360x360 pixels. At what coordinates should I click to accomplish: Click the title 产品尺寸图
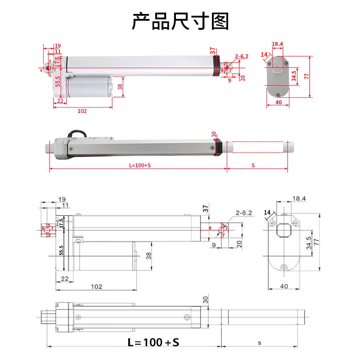tap(180, 21)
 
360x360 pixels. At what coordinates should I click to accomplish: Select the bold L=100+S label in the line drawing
tap(153, 342)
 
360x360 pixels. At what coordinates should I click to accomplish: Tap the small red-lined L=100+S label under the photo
tap(139, 165)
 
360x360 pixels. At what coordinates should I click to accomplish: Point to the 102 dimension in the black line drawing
tap(96, 286)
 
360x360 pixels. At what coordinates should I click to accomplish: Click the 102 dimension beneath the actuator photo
tap(82, 111)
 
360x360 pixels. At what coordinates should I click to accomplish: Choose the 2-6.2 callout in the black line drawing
tap(243, 213)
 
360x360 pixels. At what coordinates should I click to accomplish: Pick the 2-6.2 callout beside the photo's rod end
tap(242, 57)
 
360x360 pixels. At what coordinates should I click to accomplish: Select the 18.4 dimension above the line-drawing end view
tap(299, 198)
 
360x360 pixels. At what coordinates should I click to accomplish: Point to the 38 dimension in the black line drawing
tap(149, 256)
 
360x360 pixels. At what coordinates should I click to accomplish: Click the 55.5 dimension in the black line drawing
tap(61, 250)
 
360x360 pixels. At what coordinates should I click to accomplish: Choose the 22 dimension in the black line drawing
tap(65, 279)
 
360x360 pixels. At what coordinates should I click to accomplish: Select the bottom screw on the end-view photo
tap(279, 94)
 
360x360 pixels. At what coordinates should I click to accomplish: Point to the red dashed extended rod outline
tap(256, 147)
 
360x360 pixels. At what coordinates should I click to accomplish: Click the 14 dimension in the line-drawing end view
tap(268, 212)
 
